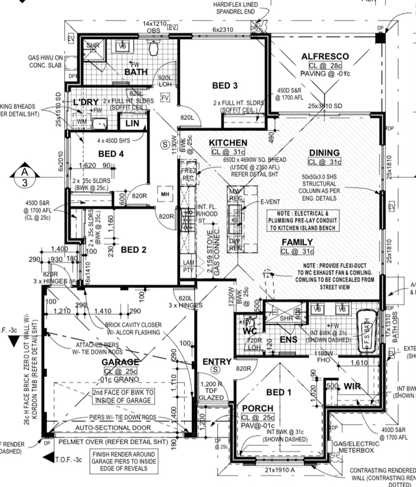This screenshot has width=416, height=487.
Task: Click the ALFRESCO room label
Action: [325, 57]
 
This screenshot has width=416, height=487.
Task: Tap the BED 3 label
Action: [225, 86]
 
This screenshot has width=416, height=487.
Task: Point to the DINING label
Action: [325, 153]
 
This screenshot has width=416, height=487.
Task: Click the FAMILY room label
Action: [297, 242]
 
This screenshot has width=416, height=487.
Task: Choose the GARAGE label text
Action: [120, 362]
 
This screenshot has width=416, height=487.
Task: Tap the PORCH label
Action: [257, 408]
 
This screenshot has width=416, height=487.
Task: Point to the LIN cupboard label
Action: [133, 124]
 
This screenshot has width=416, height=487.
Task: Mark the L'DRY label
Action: [86, 102]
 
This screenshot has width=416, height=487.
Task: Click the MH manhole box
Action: [165, 193]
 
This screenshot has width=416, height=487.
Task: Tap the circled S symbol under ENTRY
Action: [215, 369]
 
